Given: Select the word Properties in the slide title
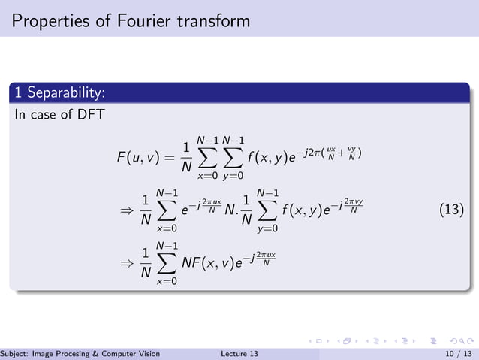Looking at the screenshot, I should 47,20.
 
